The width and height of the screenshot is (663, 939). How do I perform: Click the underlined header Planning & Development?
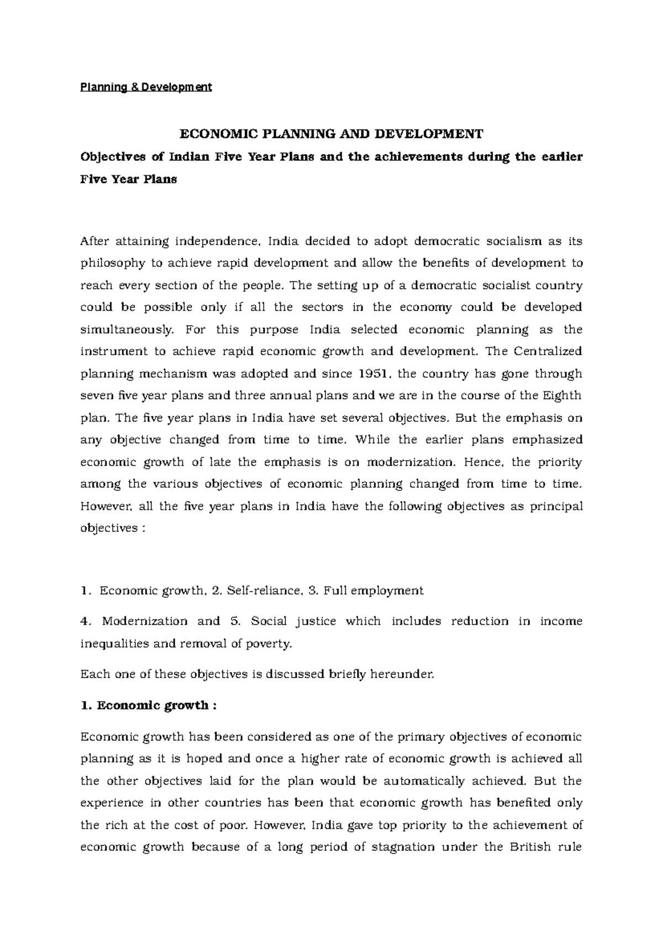click(146, 87)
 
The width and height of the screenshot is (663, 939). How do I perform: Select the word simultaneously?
click(127, 330)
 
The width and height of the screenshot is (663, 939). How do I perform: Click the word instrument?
click(114, 352)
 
